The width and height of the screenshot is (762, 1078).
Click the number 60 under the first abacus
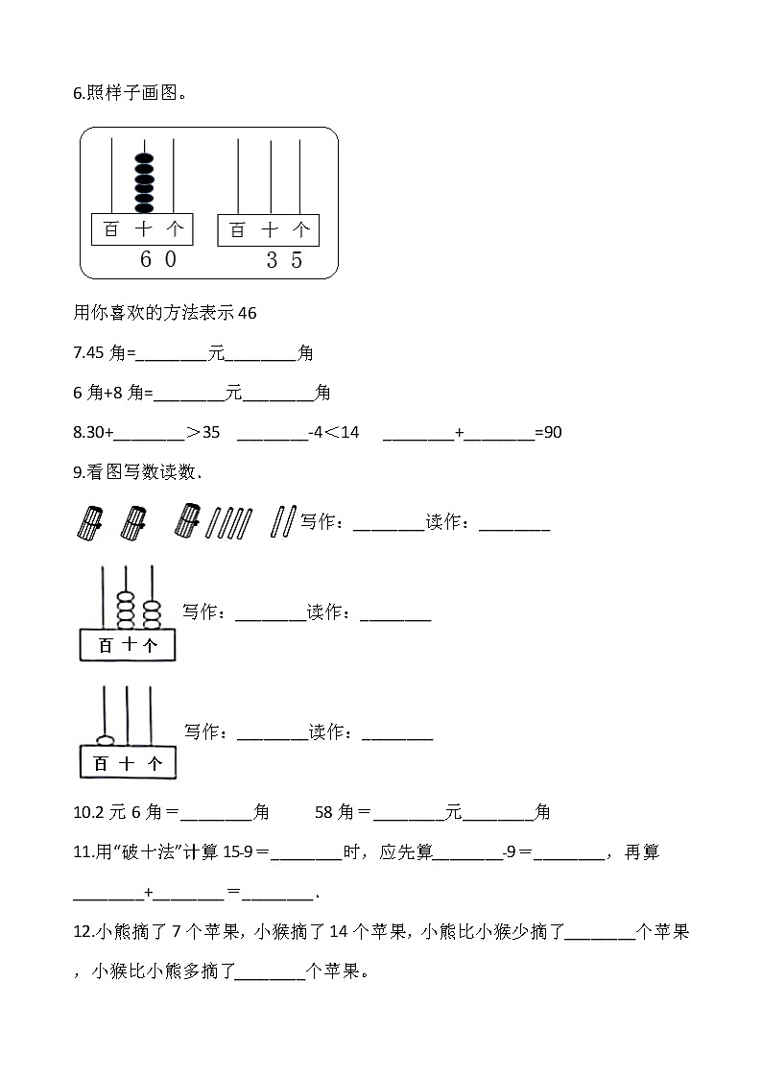pos(157,259)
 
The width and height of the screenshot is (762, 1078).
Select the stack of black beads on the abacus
pos(144,181)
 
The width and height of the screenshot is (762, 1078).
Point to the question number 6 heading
pos(77,93)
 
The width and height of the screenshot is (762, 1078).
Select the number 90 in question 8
pos(553,432)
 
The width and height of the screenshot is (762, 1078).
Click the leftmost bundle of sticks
pos(88,522)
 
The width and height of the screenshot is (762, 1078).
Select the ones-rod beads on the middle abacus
pos(151,611)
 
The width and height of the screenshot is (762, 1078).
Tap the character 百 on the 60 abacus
pos(110,229)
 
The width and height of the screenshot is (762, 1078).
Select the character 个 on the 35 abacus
pos(301,229)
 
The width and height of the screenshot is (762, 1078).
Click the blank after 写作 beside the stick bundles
pos(388,523)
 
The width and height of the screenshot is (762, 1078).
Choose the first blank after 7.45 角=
pos(172,354)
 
